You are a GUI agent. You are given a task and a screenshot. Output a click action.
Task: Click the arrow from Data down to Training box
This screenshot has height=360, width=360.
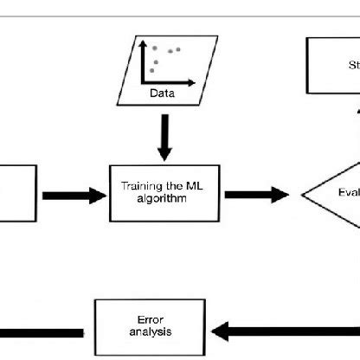pyautogui.click(x=164, y=133)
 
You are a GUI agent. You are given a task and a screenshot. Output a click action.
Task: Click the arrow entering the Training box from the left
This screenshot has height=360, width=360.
pyautogui.click(x=73, y=196)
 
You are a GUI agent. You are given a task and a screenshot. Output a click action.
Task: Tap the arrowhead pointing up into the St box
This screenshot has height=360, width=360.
pyautogui.click(x=357, y=108)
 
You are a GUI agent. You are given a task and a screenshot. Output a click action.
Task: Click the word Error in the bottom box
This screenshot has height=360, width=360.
pyautogui.click(x=132, y=318)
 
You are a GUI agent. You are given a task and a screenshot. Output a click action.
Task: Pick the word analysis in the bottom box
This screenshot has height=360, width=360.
pyautogui.click(x=132, y=330)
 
